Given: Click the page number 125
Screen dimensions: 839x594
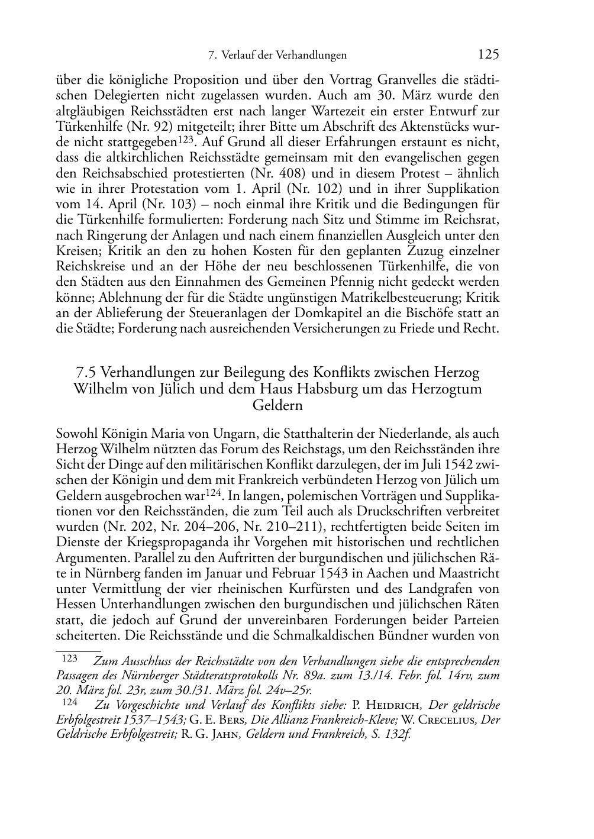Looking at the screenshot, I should [x=489, y=55].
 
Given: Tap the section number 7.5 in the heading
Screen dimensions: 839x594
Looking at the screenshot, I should [x=87, y=373].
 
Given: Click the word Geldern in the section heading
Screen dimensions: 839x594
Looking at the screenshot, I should [x=277, y=406].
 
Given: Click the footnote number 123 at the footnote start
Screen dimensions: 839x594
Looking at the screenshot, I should [x=70, y=659].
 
